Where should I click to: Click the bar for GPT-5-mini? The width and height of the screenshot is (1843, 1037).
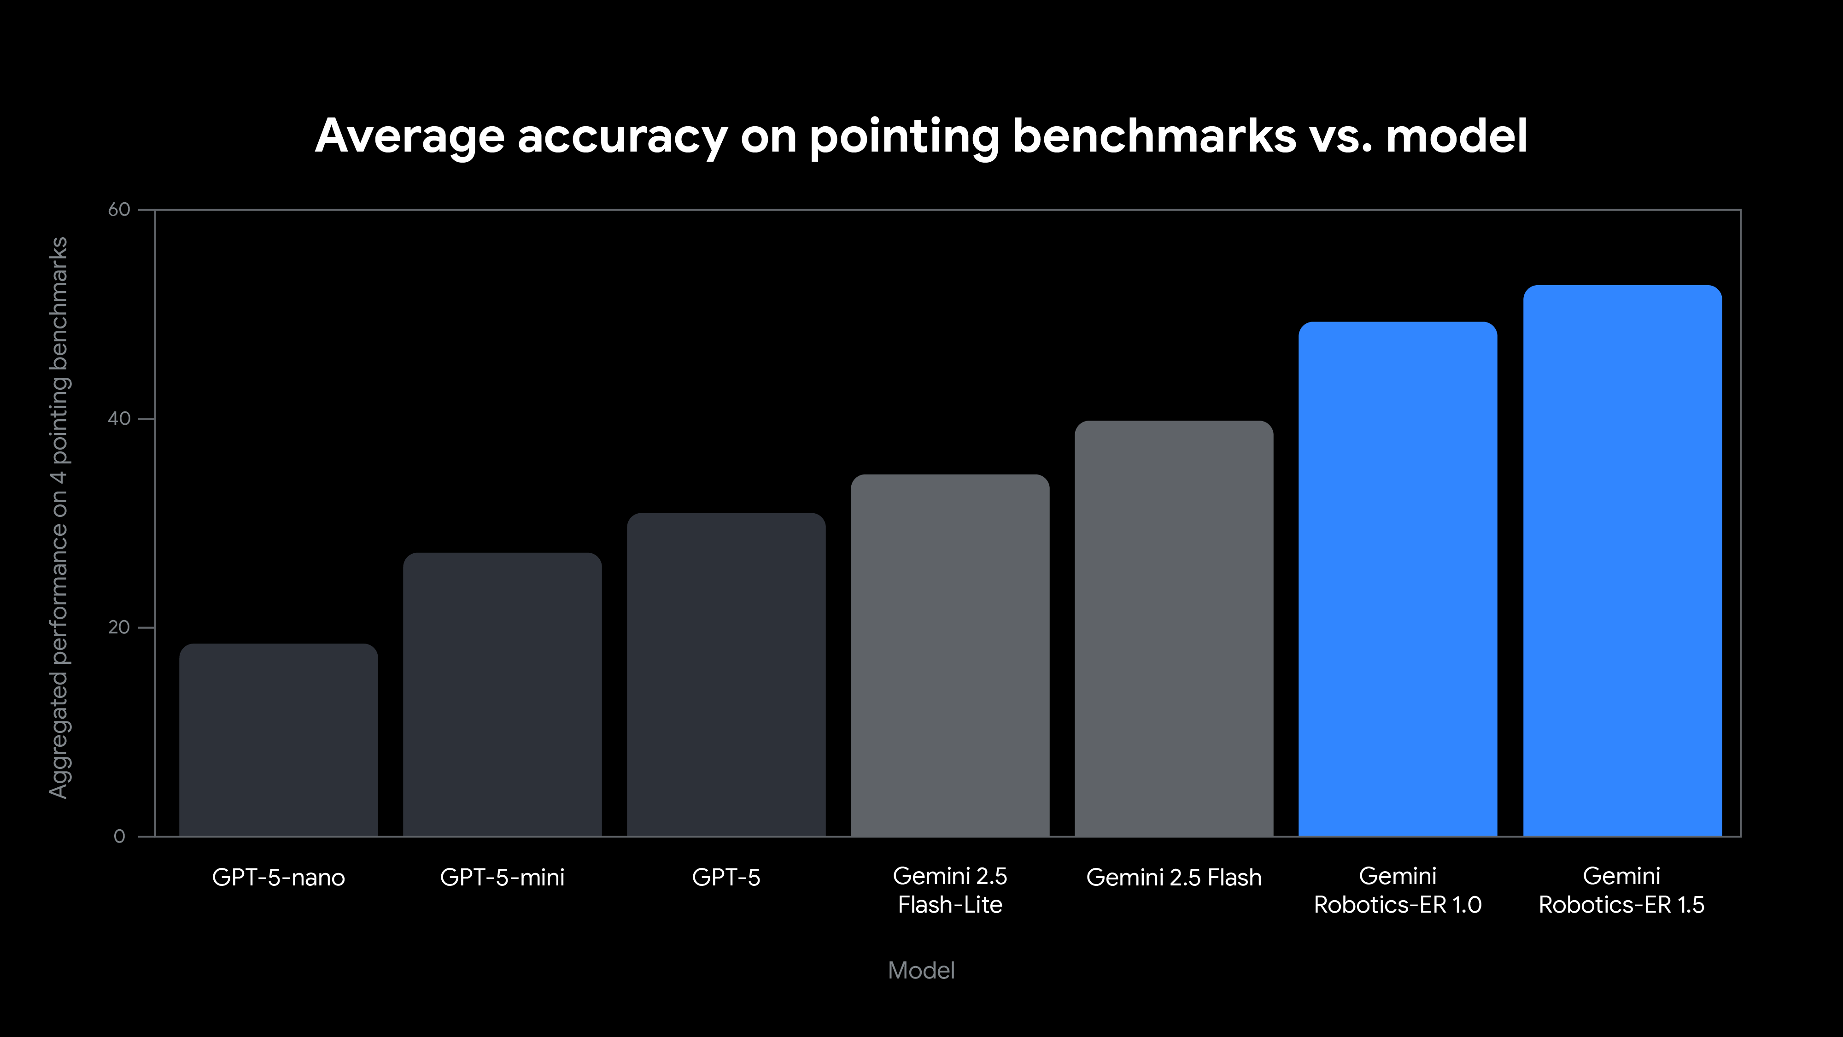(x=502, y=694)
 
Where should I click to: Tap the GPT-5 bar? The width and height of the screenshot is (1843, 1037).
(x=726, y=674)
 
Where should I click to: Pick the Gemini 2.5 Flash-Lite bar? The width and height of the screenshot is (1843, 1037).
(x=950, y=655)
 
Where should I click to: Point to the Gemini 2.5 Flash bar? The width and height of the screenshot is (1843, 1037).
(x=1174, y=628)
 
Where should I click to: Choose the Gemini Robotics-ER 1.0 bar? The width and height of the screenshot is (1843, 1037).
(x=1398, y=578)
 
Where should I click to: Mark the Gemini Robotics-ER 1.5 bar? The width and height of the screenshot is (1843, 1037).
(x=1622, y=560)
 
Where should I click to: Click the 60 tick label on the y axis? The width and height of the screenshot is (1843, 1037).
(x=119, y=210)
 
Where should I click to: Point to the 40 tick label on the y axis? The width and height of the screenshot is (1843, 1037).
(x=119, y=419)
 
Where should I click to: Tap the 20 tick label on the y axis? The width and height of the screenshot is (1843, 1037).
(x=119, y=627)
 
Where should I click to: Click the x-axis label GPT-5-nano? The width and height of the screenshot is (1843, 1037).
(x=278, y=878)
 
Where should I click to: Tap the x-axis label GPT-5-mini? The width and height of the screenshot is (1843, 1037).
(x=502, y=878)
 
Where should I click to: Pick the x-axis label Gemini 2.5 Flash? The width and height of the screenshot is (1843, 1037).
(x=1174, y=878)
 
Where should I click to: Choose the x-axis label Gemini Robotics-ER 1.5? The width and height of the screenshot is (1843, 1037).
(x=1622, y=891)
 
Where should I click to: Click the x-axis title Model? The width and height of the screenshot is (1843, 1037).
(x=921, y=971)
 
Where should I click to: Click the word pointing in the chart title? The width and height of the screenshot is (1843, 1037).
(x=904, y=137)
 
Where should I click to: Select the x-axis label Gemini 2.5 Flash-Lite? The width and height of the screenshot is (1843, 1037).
(x=950, y=891)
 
